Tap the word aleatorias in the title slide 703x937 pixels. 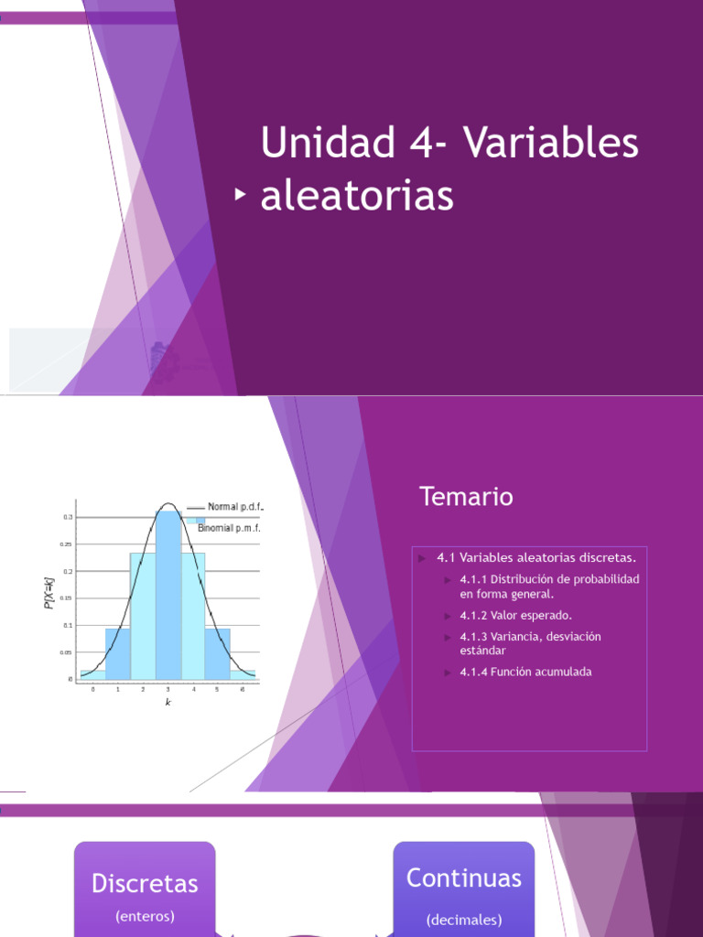357,196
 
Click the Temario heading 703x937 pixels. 466,497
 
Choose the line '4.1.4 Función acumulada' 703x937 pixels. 525,672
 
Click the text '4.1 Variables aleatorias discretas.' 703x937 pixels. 535,557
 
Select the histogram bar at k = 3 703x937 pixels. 168,595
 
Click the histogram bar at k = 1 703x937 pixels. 117,653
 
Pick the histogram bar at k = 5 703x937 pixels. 218,653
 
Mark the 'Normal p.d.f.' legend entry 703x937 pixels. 235,507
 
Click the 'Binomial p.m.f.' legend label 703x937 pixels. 230,527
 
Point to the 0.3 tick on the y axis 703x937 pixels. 68,517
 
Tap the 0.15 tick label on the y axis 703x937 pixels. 67,598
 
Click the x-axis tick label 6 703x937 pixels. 243,689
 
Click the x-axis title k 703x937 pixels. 168,702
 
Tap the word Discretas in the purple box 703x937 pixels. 145,884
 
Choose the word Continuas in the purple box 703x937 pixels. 463,878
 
